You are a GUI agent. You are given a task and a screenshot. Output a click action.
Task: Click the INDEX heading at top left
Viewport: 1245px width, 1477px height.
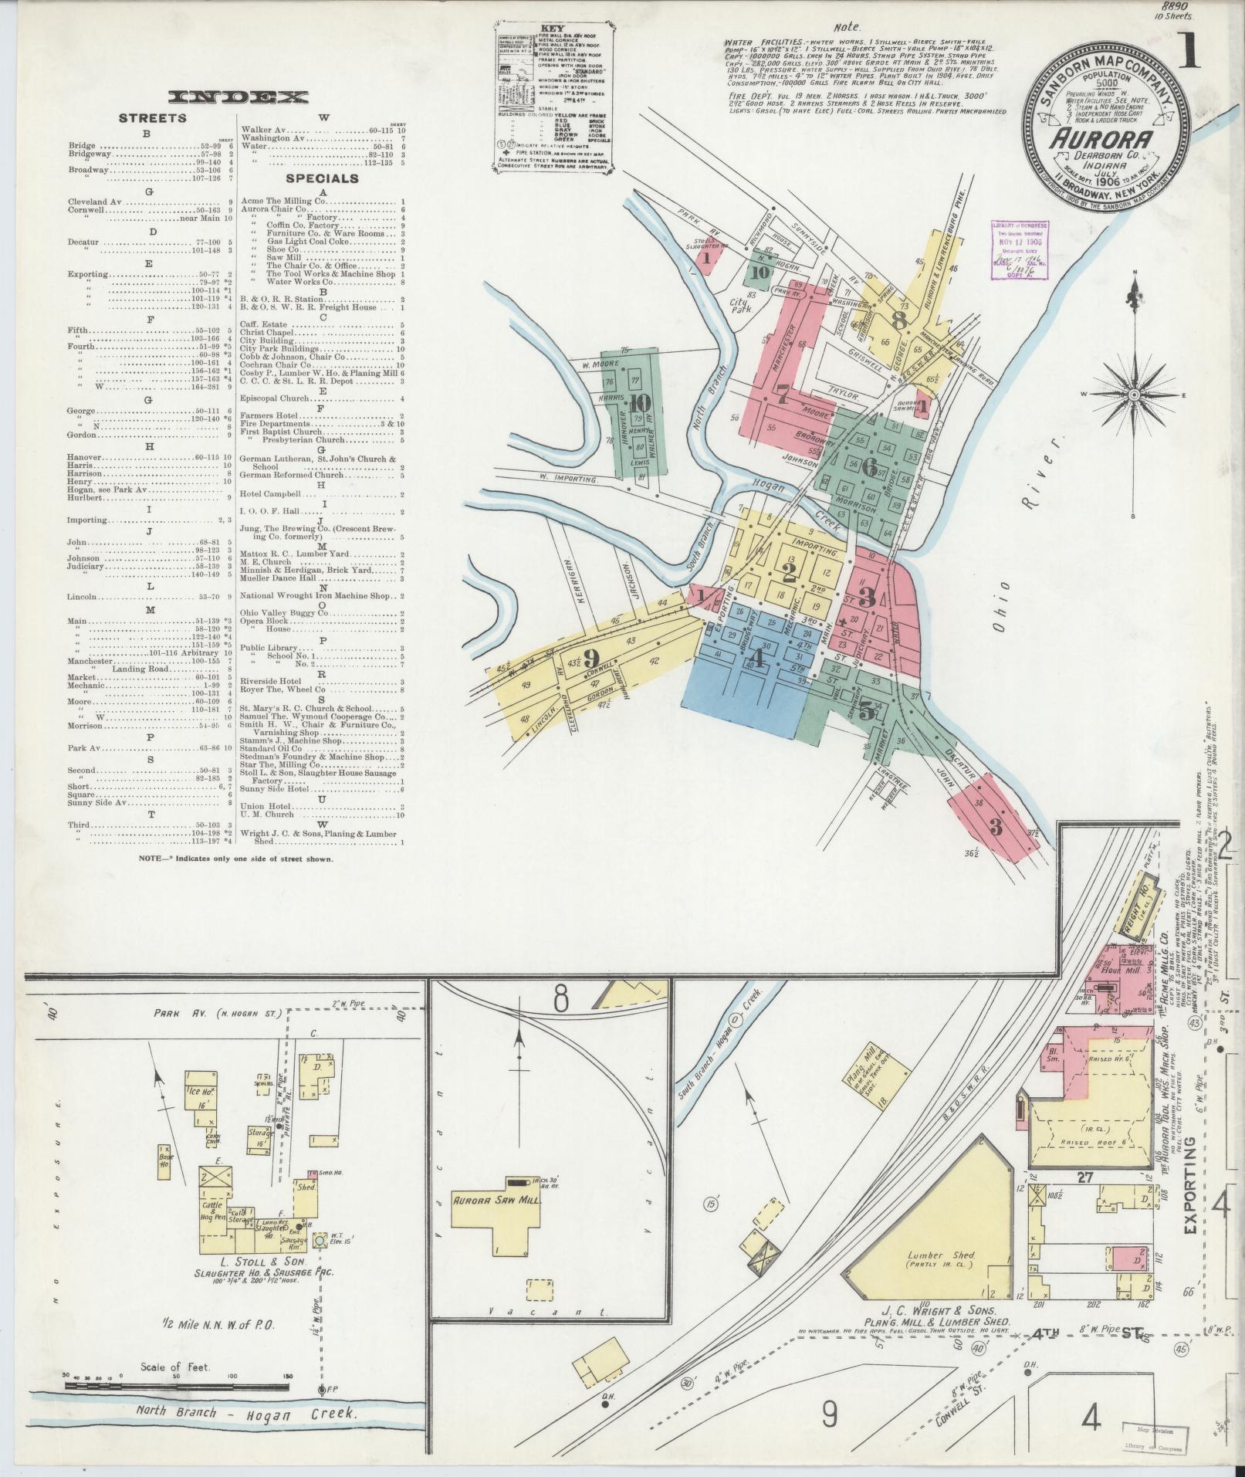(239, 97)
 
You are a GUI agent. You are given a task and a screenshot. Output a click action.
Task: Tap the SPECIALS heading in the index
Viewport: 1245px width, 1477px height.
(322, 178)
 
